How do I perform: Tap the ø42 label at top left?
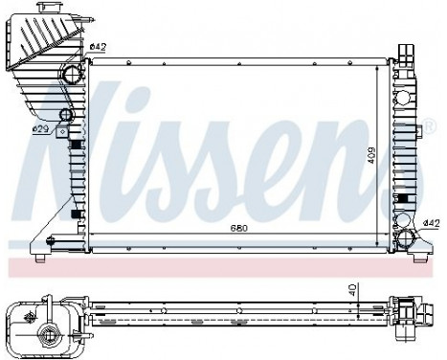coord(98,47)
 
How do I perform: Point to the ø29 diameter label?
coord(41,128)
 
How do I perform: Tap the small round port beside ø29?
coord(65,118)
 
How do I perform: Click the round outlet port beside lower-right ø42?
coord(408,239)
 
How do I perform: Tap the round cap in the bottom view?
coord(45,334)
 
